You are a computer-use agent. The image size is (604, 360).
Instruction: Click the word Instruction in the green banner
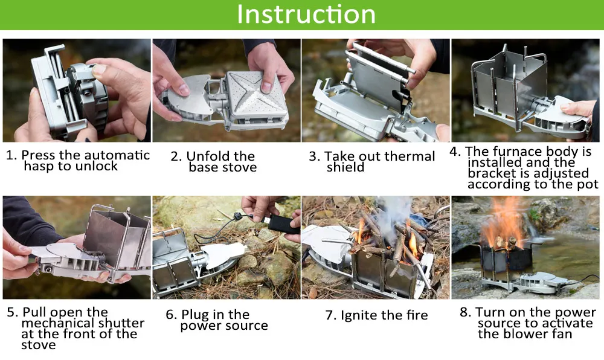coord(306,14)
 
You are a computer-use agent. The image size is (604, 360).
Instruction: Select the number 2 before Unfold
coord(175,156)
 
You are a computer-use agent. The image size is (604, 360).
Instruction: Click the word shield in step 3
coord(345,167)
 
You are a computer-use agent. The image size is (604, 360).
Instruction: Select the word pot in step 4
coord(588,184)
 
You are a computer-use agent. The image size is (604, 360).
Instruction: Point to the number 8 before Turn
coord(464,312)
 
